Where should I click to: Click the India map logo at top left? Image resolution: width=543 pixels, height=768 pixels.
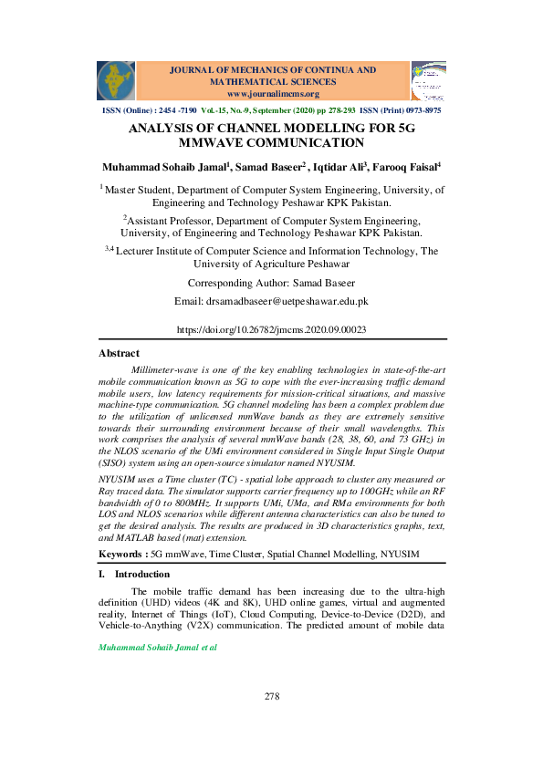coord(116,80)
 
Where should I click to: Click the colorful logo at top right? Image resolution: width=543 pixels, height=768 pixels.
coord(428,80)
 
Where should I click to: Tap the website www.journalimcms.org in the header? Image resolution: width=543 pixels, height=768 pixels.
coord(273,94)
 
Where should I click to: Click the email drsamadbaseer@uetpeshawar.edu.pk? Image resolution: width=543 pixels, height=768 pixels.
coord(271,301)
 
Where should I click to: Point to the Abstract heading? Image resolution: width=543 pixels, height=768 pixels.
coord(119,353)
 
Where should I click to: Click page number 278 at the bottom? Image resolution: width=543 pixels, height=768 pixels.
coord(271,696)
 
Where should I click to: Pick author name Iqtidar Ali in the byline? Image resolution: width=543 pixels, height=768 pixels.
coord(339,167)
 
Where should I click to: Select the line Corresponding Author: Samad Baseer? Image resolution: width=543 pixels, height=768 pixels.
coord(271,283)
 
